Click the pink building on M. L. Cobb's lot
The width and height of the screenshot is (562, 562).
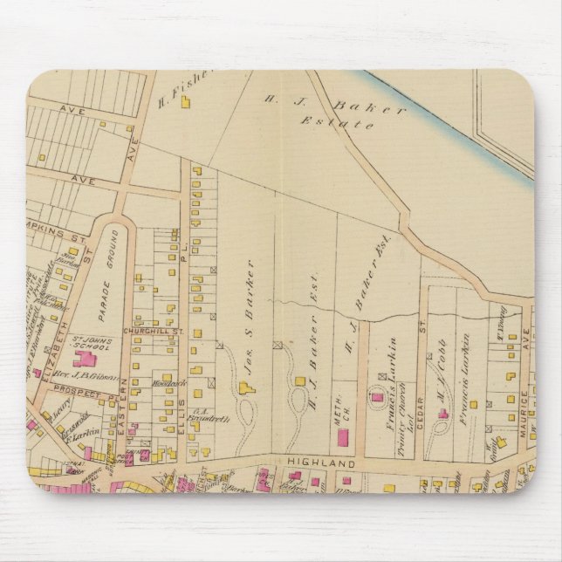coord(443,413)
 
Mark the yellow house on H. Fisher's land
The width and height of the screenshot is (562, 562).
coord(185,102)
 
